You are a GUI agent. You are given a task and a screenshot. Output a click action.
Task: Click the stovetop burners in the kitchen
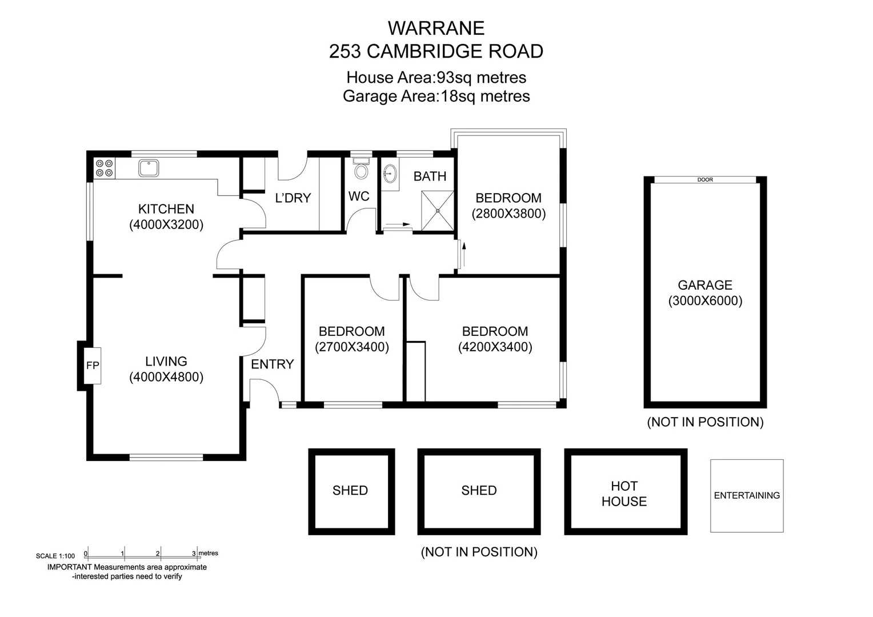pos(104,168)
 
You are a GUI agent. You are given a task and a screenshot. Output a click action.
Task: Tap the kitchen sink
pos(149,168)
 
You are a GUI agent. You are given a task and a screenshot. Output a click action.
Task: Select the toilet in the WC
pos(361,170)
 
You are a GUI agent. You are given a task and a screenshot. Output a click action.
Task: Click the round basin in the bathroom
pos(390,173)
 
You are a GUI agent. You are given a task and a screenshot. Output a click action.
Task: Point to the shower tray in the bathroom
pos(437,211)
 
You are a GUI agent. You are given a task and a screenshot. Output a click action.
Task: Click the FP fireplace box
pos(93,366)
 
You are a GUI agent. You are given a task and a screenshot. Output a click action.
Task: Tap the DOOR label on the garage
pos(705,179)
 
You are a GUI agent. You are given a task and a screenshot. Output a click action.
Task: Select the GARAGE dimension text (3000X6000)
pos(705,301)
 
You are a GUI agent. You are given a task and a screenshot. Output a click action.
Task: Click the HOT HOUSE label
pos(624,494)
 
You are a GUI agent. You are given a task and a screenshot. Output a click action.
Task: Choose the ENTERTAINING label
pos(746,495)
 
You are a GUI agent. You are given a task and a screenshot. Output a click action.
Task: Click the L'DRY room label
pos(293,198)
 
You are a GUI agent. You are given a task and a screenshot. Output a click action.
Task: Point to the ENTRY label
pos(272,364)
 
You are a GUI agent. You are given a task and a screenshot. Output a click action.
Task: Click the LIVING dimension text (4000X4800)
pos(166,377)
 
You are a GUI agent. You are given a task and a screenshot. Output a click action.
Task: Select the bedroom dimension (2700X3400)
pos(352,347)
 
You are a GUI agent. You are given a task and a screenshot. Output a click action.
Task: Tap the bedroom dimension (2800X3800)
pos(508,214)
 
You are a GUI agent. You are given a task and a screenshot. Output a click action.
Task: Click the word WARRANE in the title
pos(436,28)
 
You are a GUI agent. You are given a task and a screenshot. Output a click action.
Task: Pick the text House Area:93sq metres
pos(436,77)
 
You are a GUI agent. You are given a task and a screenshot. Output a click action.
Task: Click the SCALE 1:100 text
pos(55,556)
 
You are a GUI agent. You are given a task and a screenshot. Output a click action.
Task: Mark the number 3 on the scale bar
pos(194,554)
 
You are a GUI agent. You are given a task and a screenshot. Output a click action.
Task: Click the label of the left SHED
pos(350,490)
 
